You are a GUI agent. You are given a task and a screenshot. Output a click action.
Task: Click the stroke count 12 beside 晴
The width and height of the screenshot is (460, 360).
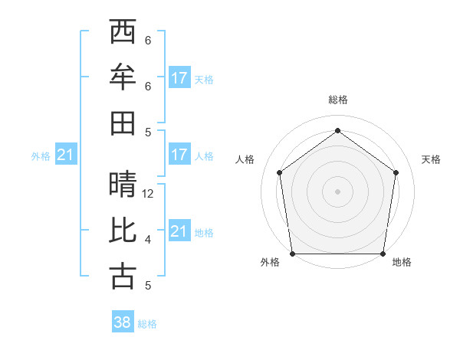[x=148, y=194]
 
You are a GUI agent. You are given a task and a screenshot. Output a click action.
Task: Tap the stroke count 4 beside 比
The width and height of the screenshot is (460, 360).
[x=148, y=240]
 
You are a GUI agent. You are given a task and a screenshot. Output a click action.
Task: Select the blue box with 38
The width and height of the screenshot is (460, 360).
[x=123, y=322]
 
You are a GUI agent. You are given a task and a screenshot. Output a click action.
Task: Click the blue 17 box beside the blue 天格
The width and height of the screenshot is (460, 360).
[x=179, y=77]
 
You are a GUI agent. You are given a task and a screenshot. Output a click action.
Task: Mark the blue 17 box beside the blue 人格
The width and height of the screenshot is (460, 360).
[x=179, y=155]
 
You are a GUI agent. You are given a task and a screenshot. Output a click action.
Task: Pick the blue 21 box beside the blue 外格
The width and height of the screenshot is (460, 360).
[x=66, y=155]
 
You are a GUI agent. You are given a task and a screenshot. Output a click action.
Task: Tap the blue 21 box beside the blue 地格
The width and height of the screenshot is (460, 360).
[x=179, y=231]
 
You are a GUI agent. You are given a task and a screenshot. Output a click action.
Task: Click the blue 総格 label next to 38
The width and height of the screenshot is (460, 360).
[x=147, y=324]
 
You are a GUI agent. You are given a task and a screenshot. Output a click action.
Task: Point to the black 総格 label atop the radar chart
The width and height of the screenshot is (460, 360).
[x=337, y=100]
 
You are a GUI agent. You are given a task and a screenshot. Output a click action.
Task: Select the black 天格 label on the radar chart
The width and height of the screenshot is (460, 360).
[x=432, y=159]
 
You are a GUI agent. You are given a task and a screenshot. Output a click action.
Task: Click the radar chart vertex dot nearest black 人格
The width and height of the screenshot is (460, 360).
[x=279, y=172]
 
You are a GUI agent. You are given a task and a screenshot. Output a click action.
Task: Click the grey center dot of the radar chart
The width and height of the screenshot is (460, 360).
[x=337, y=191]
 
